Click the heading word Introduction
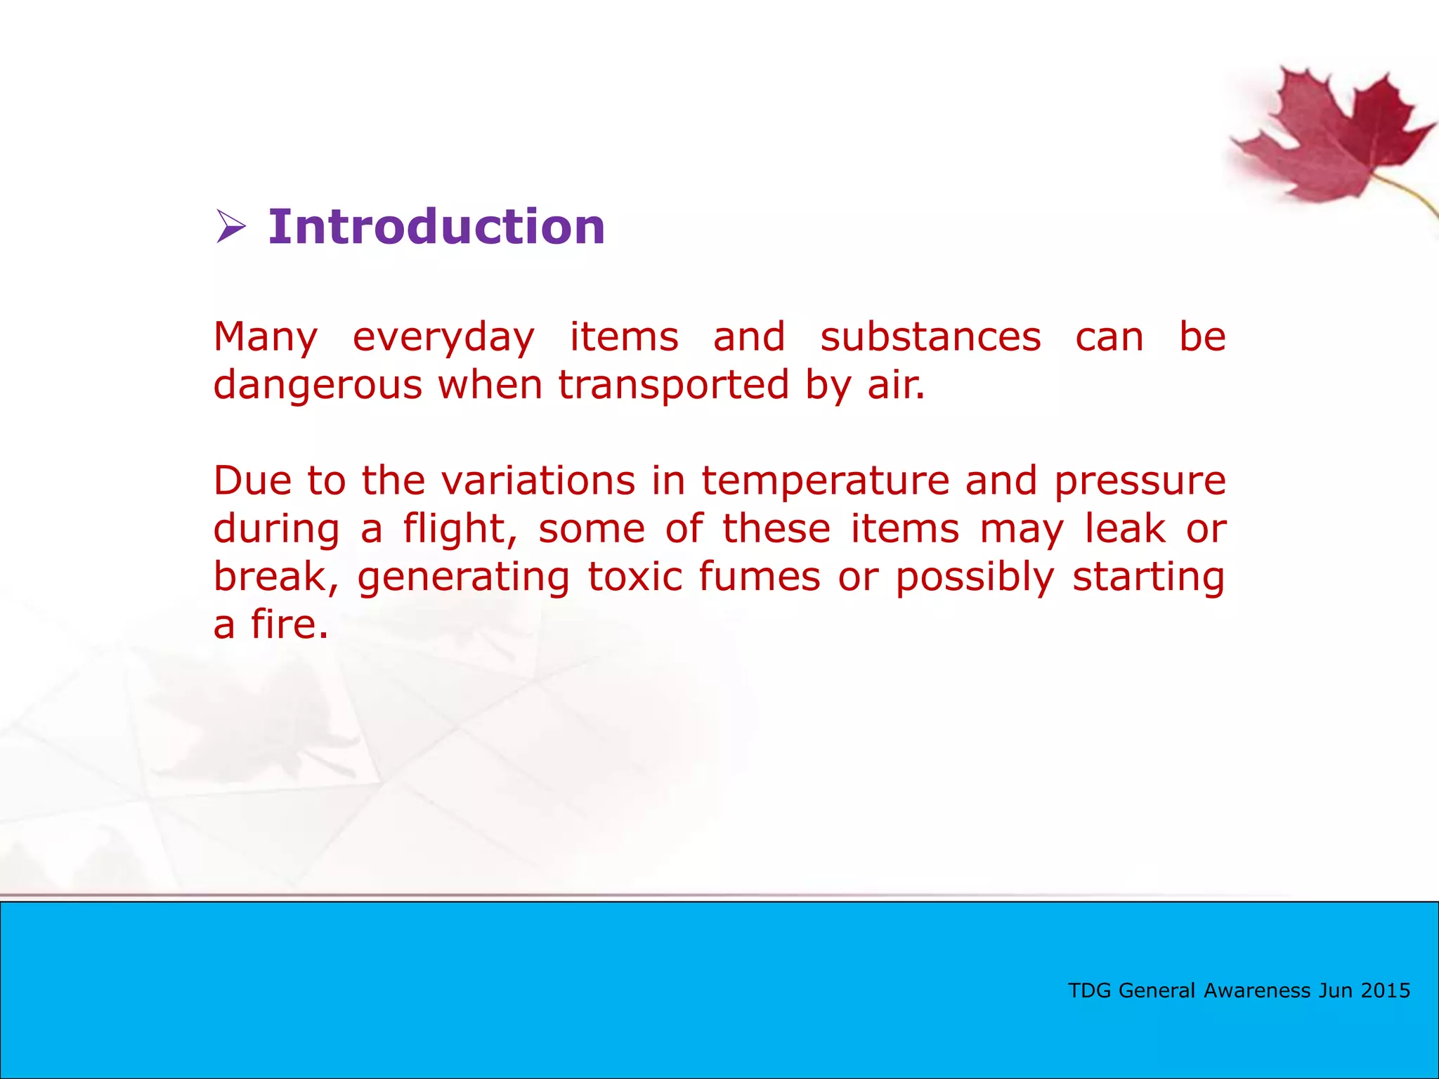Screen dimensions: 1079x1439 [x=436, y=227]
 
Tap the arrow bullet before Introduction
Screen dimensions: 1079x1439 [x=230, y=227]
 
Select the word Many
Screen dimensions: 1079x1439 [x=266, y=337]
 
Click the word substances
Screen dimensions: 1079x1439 [x=930, y=337]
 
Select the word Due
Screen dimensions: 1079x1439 [x=252, y=481]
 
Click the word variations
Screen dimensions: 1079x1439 [x=538, y=481]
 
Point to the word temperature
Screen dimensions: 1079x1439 [x=824, y=483]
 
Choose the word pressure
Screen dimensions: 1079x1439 [x=1140, y=483]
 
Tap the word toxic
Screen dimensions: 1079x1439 [x=634, y=577]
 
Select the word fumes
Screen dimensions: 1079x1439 [x=760, y=577]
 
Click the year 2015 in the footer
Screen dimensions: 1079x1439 [x=1385, y=990]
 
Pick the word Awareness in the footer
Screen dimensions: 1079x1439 [x=1257, y=990]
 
